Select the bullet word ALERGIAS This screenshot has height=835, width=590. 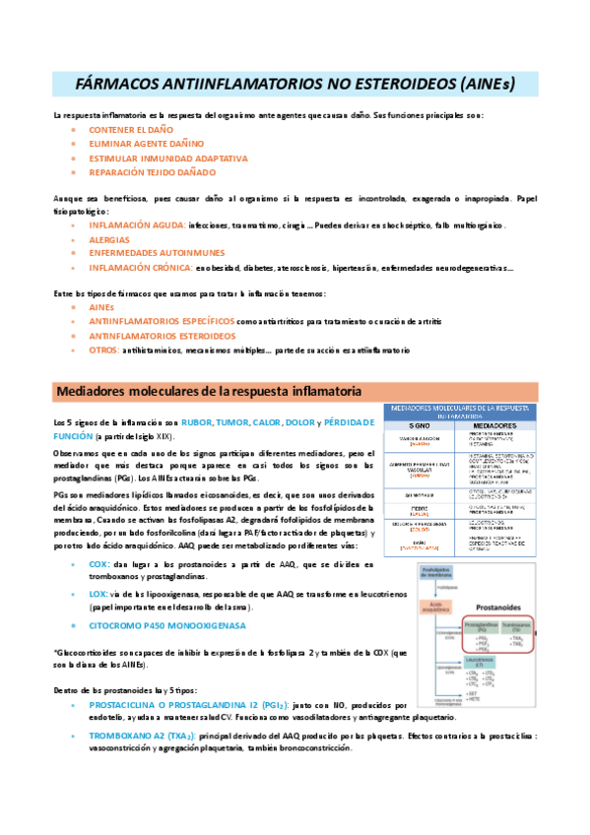108,239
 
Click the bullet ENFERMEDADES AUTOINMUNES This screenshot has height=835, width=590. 157,253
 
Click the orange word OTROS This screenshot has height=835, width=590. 103,350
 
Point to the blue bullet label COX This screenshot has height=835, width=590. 98,564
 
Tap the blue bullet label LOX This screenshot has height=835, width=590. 98,595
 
